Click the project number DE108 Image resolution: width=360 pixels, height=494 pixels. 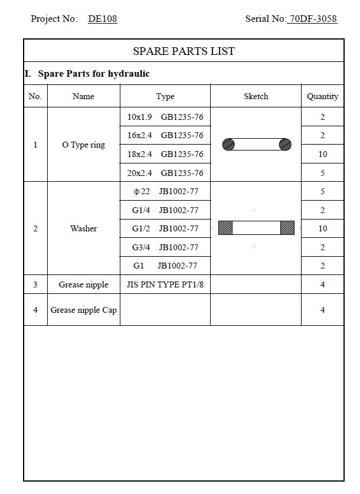[x=103, y=19]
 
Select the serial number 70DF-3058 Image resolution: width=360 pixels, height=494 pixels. [x=313, y=19]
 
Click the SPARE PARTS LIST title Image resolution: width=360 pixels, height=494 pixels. [x=184, y=51]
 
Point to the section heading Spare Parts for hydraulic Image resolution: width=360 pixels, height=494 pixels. [x=93, y=74]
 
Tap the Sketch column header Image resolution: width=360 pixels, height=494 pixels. [x=256, y=96]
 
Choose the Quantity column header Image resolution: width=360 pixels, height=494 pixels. [x=322, y=96]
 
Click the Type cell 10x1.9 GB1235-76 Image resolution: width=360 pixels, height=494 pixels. [x=165, y=117]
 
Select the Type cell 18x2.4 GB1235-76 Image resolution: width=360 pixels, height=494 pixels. [x=165, y=154]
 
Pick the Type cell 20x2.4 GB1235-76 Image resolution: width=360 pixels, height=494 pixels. [x=165, y=173]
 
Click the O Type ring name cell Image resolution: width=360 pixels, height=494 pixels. [x=83, y=145]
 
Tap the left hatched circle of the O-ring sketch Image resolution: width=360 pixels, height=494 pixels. [x=228, y=145]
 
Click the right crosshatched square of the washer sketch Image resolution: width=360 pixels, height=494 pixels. [x=287, y=228]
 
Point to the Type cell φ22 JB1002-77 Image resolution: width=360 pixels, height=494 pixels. [x=165, y=191]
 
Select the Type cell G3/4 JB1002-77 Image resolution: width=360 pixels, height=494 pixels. [x=165, y=247]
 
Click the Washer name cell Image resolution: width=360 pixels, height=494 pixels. [x=83, y=228]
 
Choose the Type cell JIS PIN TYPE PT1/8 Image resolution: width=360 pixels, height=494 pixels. [x=165, y=284]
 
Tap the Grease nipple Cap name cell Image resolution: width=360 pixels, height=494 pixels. [x=83, y=310]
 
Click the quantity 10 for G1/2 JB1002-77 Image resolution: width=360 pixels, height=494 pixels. [x=322, y=228]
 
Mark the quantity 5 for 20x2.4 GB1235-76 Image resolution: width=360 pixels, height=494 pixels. [x=322, y=173]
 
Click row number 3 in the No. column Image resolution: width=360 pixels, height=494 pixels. [x=35, y=284]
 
